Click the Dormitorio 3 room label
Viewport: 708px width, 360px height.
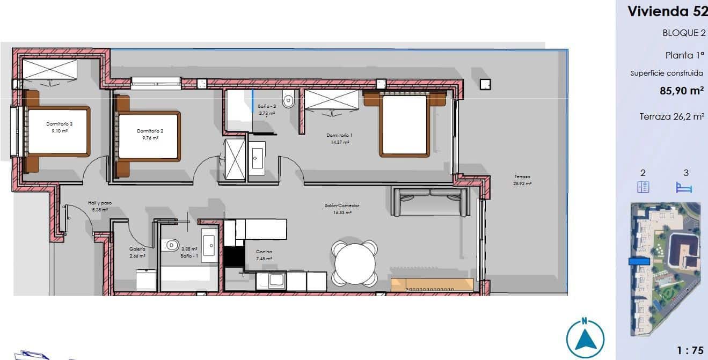click(x=59, y=124)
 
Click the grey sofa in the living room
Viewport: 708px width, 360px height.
click(x=429, y=202)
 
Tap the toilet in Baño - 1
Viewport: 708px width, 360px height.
click(x=171, y=245)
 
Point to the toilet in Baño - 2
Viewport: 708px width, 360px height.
click(x=289, y=100)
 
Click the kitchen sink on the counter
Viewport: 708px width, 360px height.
click(x=276, y=280)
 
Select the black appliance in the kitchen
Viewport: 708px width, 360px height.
click(x=234, y=256)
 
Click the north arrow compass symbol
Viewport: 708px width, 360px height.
click(x=585, y=339)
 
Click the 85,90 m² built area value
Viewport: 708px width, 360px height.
click(x=681, y=91)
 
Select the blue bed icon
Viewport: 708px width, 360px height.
click(x=684, y=187)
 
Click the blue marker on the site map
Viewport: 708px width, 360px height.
click(x=639, y=261)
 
